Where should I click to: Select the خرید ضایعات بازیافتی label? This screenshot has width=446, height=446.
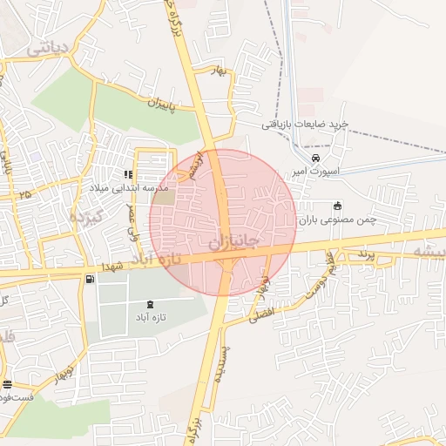pyautogui.click(x=305, y=125)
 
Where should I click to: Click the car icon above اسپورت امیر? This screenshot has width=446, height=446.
pyautogui.click(x=315, y=158)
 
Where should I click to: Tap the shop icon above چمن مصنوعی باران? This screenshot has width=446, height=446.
pyautogui.click(x=337, y=206)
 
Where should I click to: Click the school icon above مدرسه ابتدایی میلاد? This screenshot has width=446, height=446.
pyautogui.click(x=128, y=174)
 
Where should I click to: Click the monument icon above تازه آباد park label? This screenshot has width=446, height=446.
pyautogui.click(x=153, y=303)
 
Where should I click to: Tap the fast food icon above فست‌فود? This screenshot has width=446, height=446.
pyautogui.click(x=7, y=383)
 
